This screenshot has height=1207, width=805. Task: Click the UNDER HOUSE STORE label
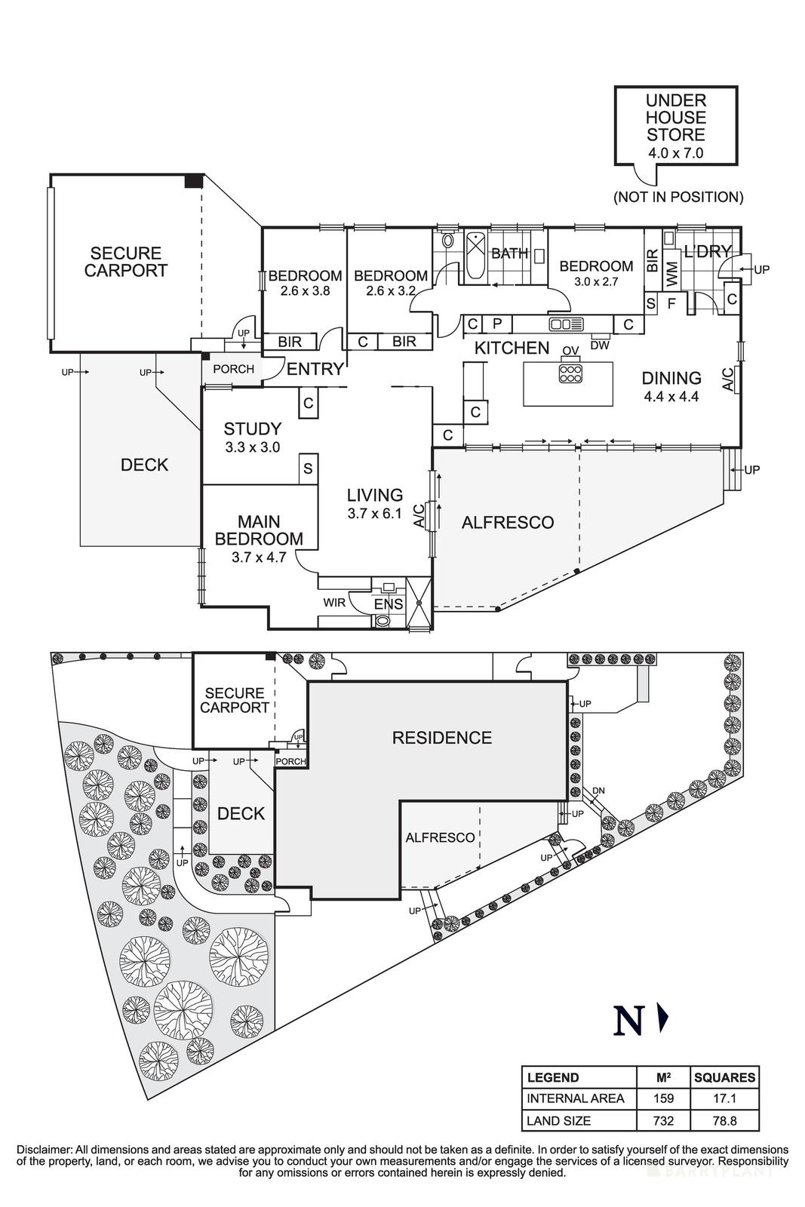tap(675, 118)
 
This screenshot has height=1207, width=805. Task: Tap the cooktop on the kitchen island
tap(570, 373)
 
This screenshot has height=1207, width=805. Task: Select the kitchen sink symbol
tap(567, 324)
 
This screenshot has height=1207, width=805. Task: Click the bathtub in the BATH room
tap(475, 257)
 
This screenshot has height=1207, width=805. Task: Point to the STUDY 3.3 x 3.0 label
tap(252, 438)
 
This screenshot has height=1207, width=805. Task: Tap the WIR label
tap(334, 603)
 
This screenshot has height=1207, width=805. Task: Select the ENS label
tap(389, 604)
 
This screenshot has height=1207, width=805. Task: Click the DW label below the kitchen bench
tap(599, 346)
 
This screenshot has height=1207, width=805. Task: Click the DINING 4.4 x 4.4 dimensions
tap(671, 397)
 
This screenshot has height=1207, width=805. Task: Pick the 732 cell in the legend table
tap(663, 1120)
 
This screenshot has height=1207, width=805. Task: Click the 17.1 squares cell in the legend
tap(724, 1098)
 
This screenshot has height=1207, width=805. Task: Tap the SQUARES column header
tap(724, 1077)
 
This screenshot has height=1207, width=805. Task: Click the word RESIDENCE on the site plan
tap(441, 738)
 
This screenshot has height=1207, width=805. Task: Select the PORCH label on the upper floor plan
tap(233, 369)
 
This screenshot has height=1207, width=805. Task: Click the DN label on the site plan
tap(598, 791)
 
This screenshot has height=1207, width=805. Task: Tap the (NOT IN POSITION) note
tap(677, 197)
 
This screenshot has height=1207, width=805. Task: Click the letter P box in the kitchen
tap(496, 324)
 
